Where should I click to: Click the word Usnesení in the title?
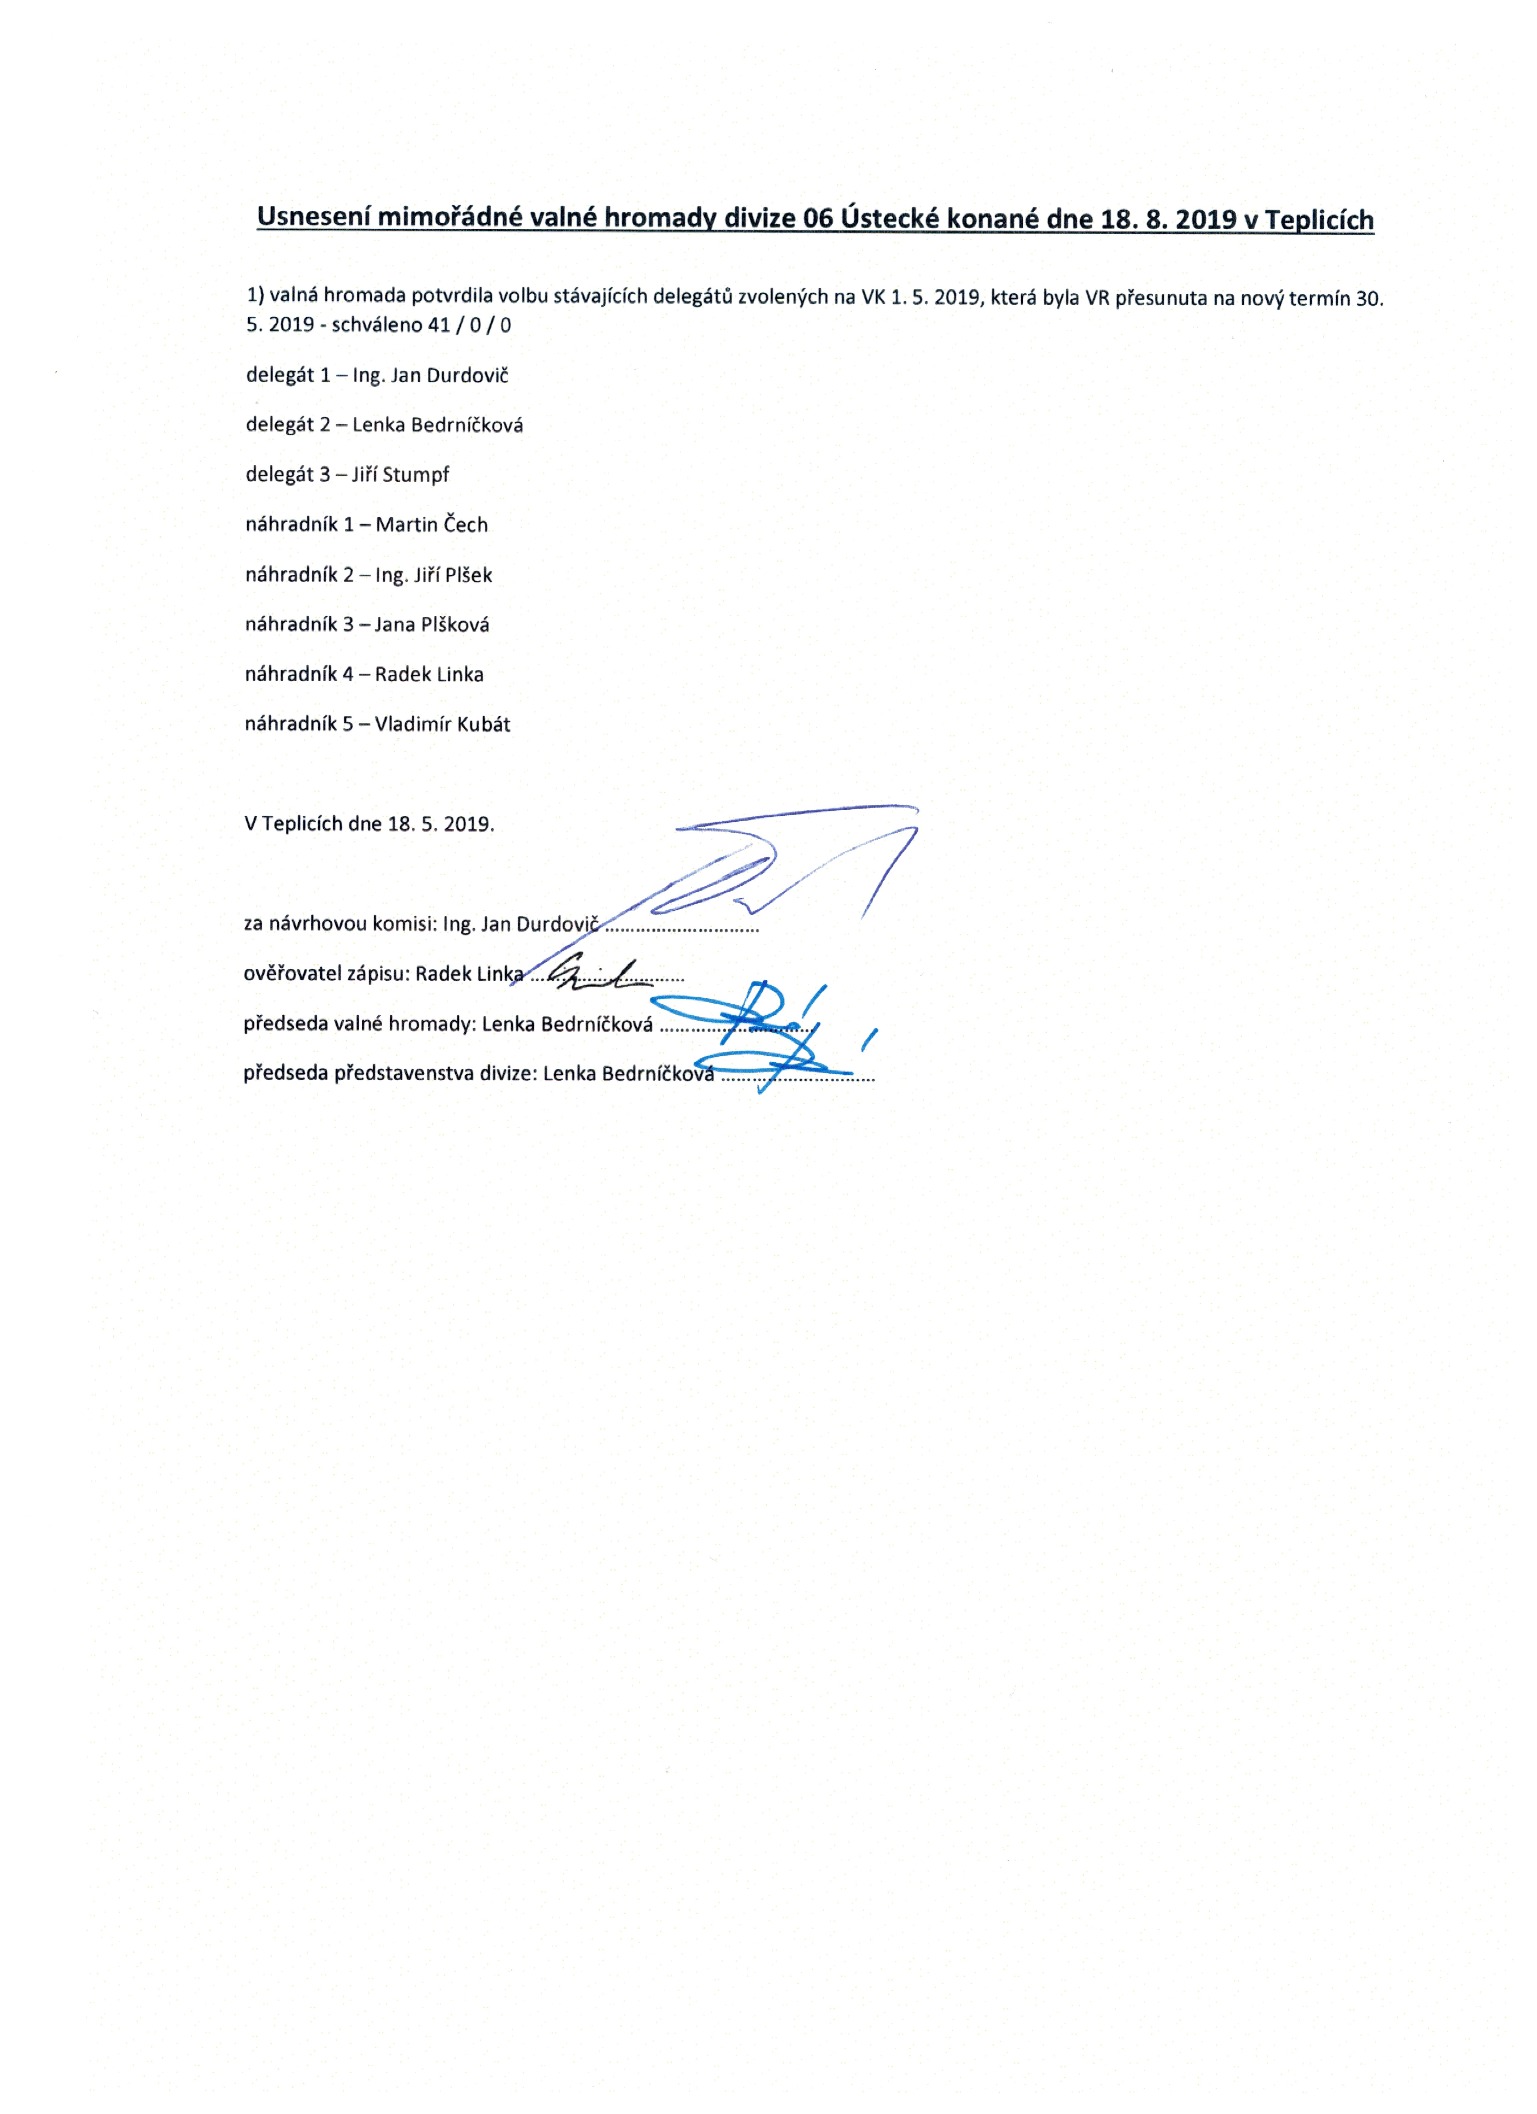tap(313, 217)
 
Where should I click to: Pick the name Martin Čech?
tap(432, 525)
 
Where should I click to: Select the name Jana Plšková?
tap(432, 624)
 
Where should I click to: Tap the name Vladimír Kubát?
tap(443, 724)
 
